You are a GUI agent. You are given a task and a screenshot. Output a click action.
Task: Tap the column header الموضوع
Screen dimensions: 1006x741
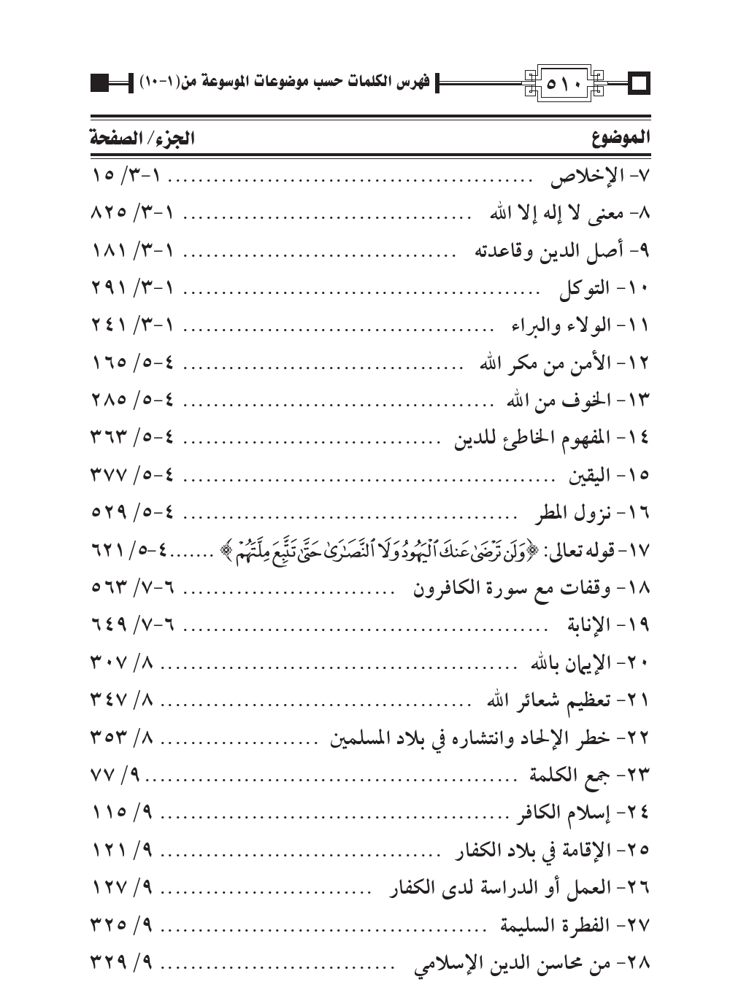621,138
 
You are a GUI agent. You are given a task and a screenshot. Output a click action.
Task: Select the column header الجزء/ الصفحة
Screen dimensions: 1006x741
142,138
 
